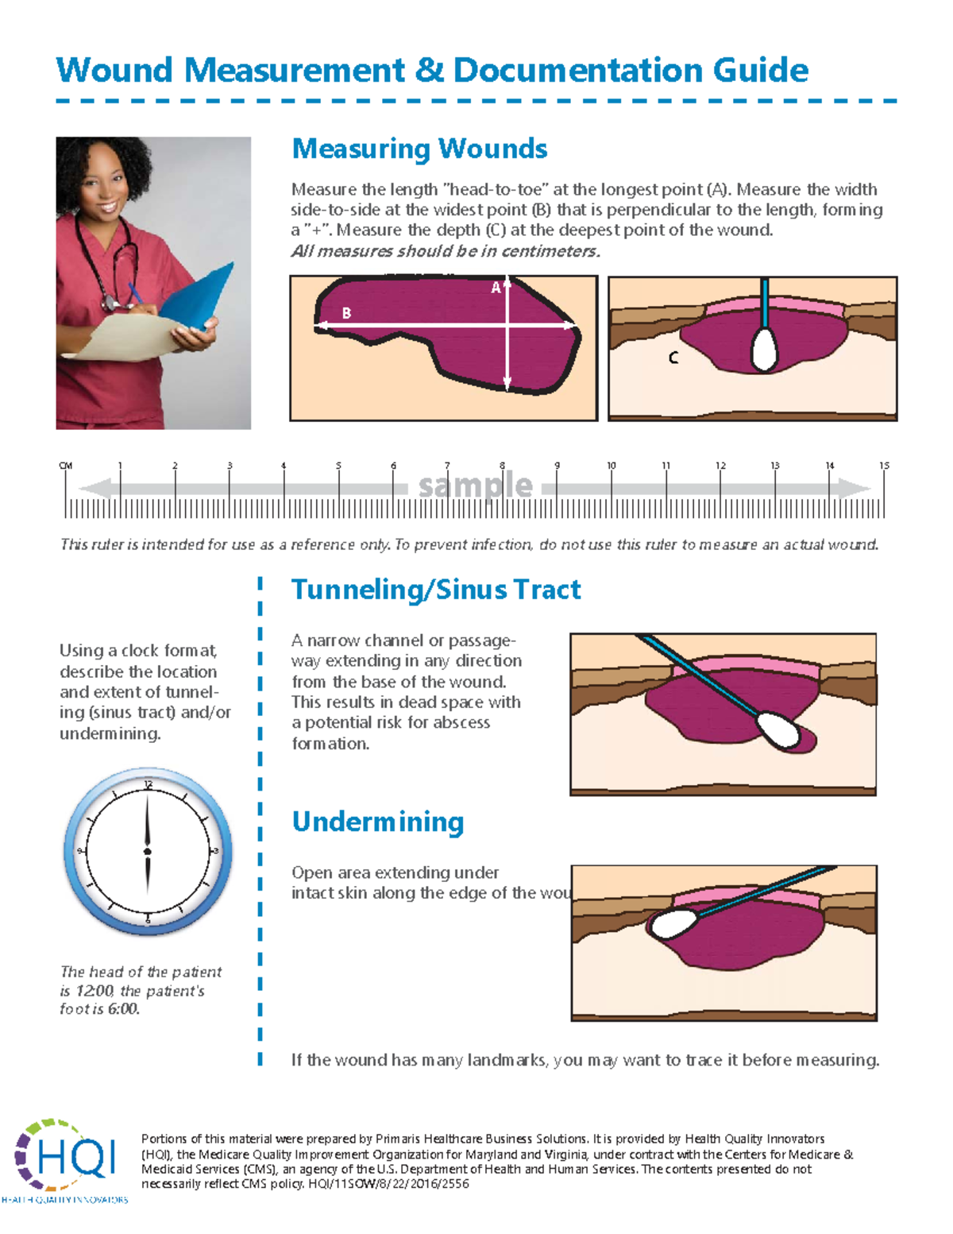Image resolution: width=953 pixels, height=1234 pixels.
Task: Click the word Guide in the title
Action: click(x=760, y=71)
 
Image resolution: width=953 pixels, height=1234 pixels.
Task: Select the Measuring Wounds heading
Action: click(x=419, y=149)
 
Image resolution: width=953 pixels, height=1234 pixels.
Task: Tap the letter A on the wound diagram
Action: click(x=496, y=288)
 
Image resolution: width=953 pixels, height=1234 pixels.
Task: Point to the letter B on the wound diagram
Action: click(x=346, y=313)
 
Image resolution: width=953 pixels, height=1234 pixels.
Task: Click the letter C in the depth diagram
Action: click(x=673, y=358)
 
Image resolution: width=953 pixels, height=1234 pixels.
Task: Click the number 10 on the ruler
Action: click(x=612, y=466)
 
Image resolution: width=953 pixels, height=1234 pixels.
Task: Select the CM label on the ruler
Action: click(x=66, y=466)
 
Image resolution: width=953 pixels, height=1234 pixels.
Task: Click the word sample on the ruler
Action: click(x=475, y=485)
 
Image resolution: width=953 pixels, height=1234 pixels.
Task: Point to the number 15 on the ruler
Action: click(x=884, y=466)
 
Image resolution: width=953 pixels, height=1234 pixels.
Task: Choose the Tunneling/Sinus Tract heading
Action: click(x=436, y=590)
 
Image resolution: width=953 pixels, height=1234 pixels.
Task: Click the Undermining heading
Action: click(x=377, y=822)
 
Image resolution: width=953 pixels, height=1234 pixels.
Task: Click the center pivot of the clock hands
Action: click(x=148, y=852)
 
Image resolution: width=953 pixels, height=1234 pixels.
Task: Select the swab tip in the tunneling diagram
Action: click(x=778, y=729)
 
